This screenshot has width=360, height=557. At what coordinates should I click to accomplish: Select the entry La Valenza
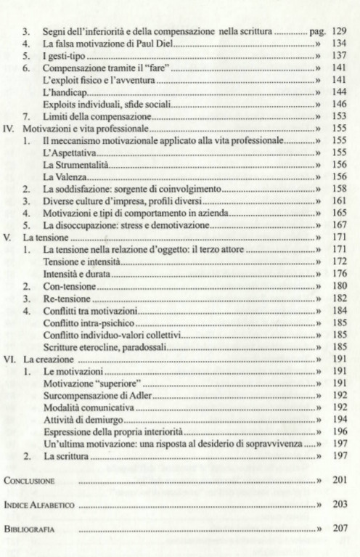(x=65, y=176)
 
